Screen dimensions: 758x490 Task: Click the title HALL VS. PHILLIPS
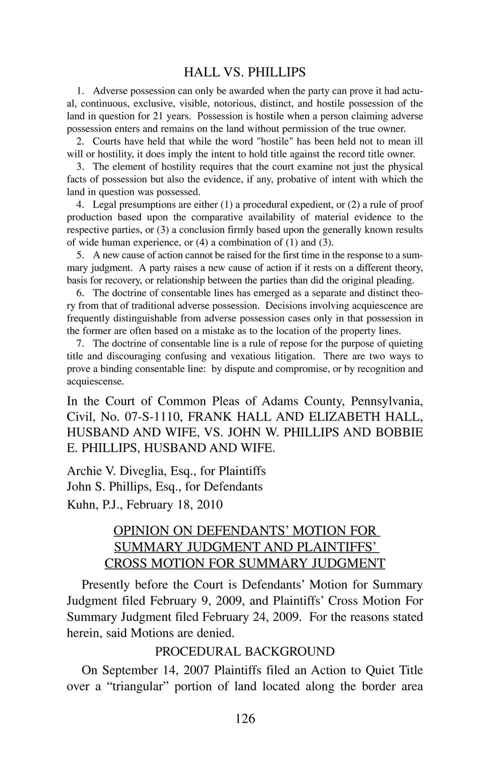(244, 72)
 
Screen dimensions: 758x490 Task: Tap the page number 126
(245, 718)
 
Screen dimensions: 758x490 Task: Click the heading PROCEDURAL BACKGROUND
(244, 651)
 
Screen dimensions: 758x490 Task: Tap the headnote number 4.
(80, 204)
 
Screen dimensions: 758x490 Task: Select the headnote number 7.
(80, 343)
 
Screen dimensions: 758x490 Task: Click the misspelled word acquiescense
(95, 381)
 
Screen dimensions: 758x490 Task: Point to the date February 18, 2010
(175, 504)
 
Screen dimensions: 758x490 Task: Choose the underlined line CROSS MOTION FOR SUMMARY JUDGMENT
(244, 563)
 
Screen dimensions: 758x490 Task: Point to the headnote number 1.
(80, 91)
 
